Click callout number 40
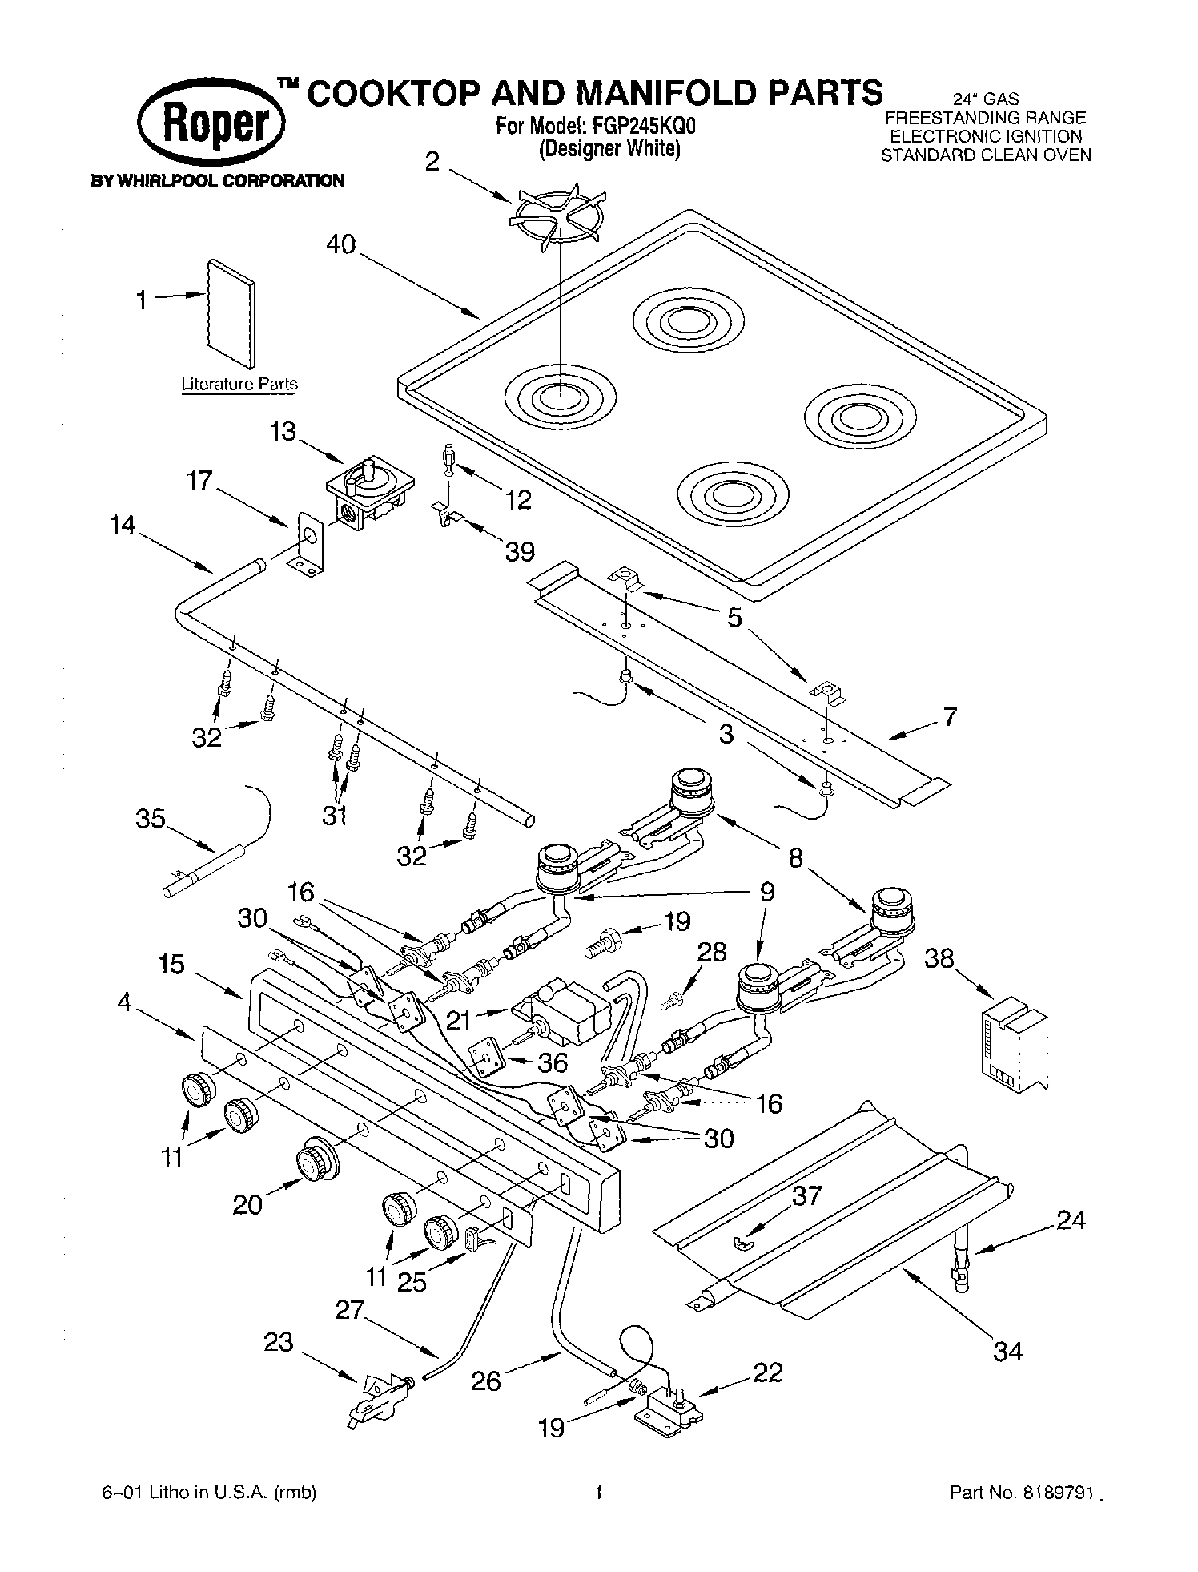pos(341,244)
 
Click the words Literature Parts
pos(239,384)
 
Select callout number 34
pos(1007,1352)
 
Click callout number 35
pos(150,820)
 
